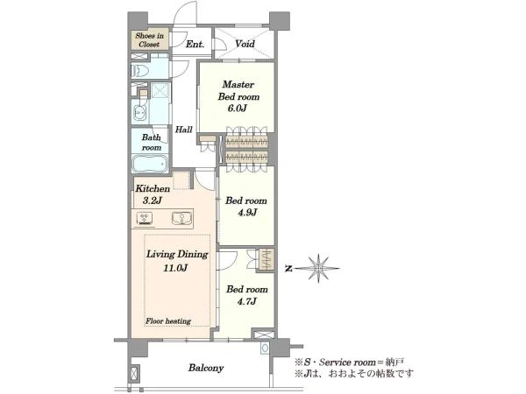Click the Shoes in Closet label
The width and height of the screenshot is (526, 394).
click(x=149, y=39)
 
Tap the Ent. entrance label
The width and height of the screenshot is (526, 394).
click(x=195, y=44)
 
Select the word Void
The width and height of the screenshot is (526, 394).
click(x=245, y=44)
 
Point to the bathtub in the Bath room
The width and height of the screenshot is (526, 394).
click(x=150, y=164)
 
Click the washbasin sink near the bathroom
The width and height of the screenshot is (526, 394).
click(x=139, y=112)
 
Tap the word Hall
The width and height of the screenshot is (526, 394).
click(x=184, y=130)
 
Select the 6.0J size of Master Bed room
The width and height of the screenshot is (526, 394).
click(x=237, y=109)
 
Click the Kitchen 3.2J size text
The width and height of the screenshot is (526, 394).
click(x=153, y=201)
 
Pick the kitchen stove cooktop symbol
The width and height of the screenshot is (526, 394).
click(x=145, y=218)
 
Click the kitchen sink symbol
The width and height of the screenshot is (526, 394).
click(x=181, y=218)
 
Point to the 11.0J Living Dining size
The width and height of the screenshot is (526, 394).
click(x=175, y=268)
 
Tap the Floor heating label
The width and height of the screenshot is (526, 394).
click(x=168, y=321)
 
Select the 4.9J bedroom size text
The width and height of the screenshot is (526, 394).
click(x=247, y=213)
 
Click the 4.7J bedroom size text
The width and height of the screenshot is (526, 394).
click(x=247, y=301)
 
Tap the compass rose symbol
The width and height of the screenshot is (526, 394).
click(x=318, y=269)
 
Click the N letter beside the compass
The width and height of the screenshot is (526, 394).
click(x=288, y=269)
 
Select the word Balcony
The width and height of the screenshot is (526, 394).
click(x=206, y=368)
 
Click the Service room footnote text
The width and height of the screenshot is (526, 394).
click(x=349, y=362)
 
